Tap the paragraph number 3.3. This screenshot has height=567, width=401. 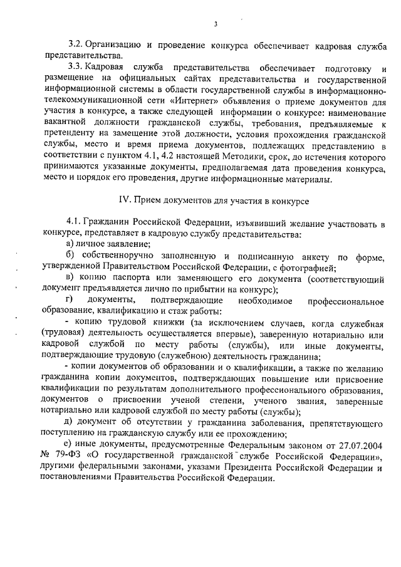point(75,68)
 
